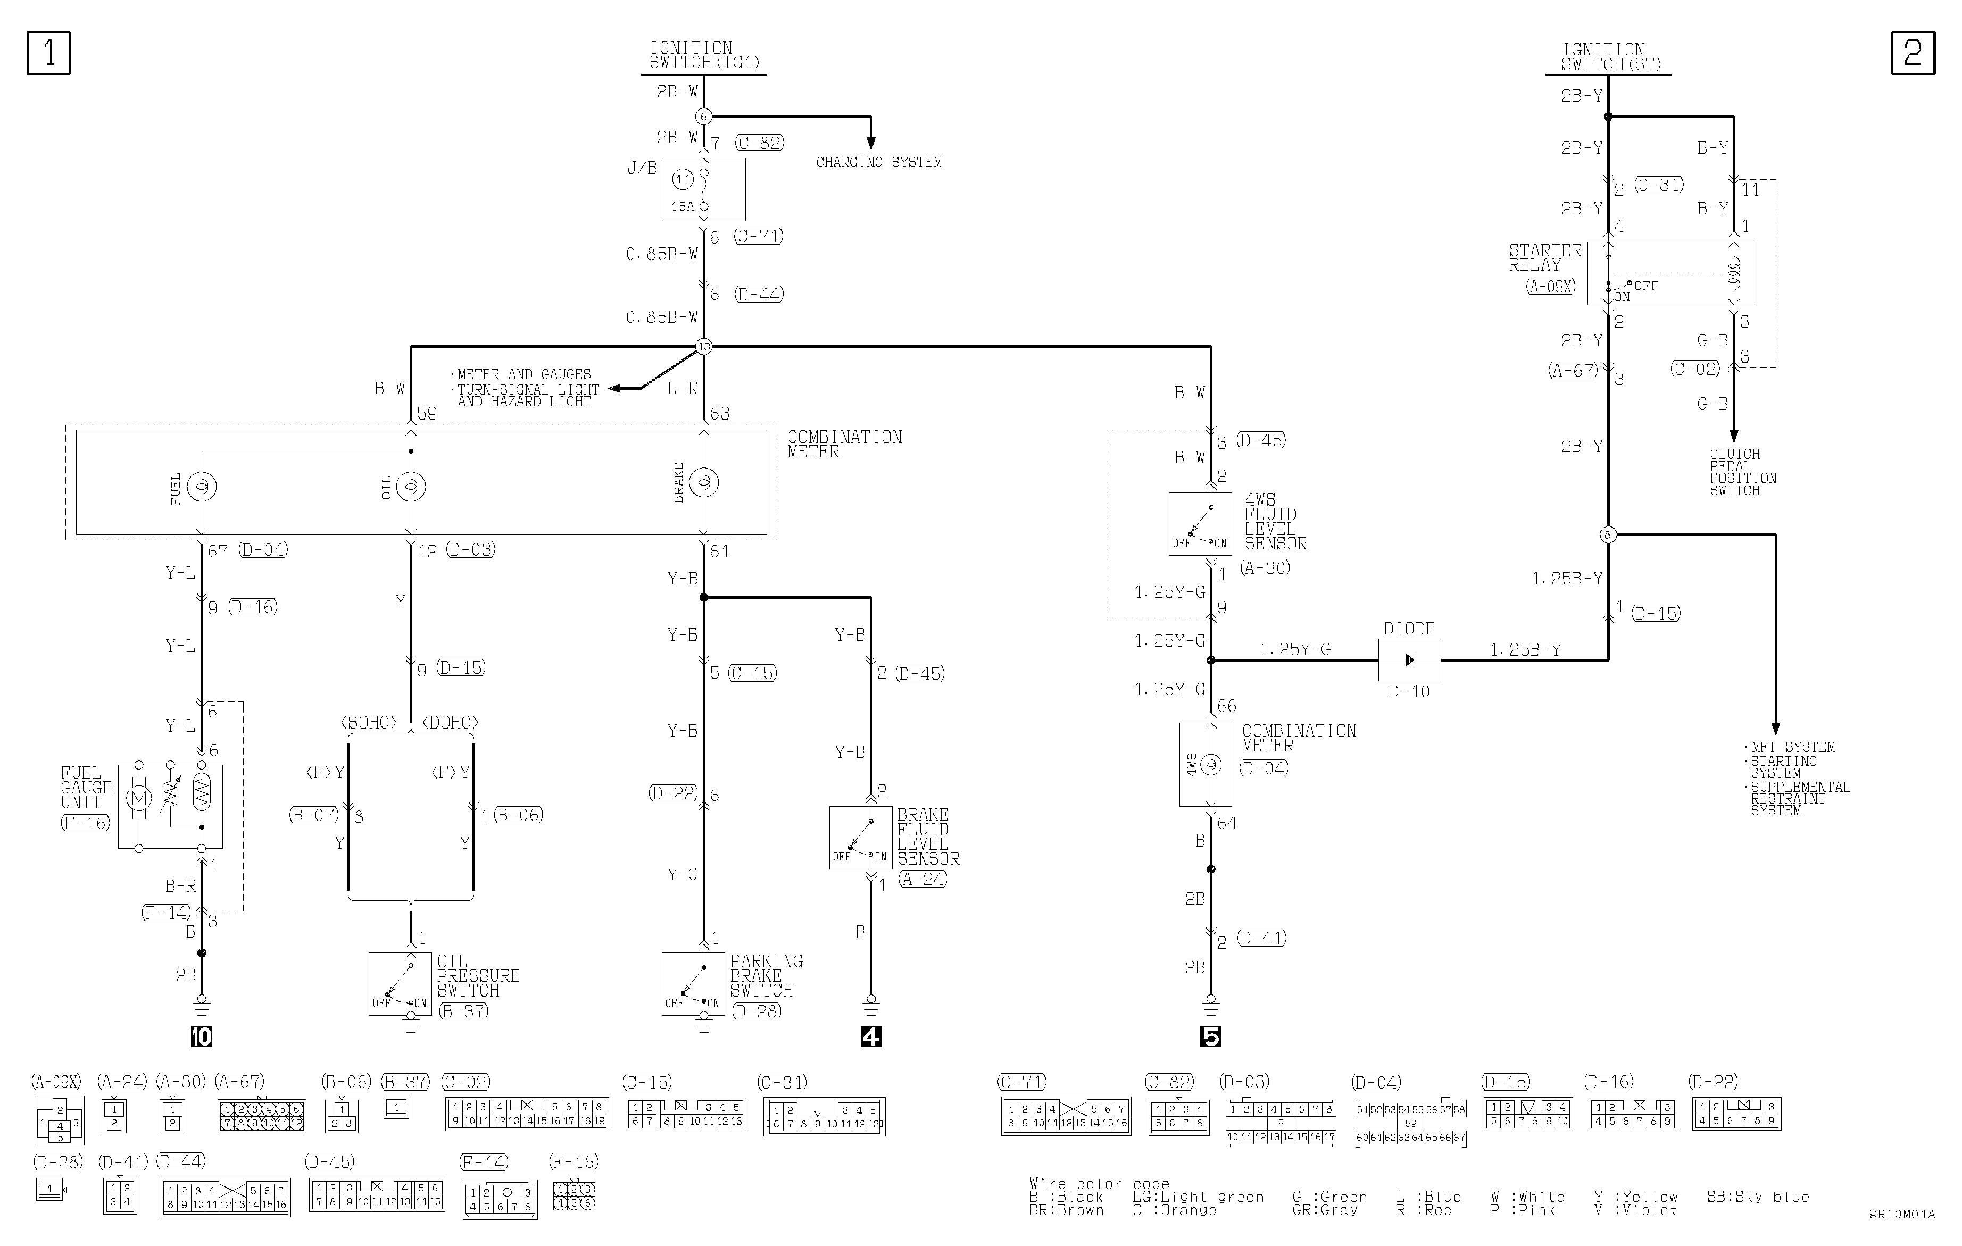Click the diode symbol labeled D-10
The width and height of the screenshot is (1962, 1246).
click(1409, 659)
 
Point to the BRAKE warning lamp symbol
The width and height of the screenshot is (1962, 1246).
click(704, 482)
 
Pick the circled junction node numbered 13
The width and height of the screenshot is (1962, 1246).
click(704, 346)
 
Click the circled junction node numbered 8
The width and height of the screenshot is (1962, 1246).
click(1608, 535)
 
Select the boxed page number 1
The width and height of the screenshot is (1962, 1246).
click(49, 53)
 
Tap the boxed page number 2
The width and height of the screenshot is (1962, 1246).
click(1913, 53)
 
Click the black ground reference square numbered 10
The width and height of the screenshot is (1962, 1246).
click(201, 1036)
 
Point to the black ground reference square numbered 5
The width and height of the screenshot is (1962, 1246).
click(1211, 1036)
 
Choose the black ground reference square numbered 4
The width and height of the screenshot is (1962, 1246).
click(871, 1036)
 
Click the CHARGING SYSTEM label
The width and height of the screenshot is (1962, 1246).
click(878, 162)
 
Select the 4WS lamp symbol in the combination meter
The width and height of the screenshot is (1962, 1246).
click(1211, 765)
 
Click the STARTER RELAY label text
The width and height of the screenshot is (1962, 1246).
click(1545, 257)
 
